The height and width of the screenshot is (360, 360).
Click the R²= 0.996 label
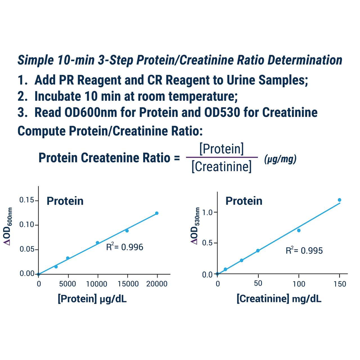pos(124,247)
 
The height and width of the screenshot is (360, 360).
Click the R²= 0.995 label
pos(304,250)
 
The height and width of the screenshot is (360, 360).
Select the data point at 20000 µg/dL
pos(156,213)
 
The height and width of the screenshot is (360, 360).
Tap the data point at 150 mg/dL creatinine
pos(339,200)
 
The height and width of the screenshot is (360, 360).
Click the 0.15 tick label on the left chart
pos(27,200)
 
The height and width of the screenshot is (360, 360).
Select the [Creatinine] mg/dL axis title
pos(279,299)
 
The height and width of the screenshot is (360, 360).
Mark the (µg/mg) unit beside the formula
pos(280,159)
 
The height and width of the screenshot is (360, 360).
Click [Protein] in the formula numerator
pos(221,149)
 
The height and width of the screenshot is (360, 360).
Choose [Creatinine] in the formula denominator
pos(221,166)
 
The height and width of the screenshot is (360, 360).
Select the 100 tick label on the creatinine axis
pos(298,284)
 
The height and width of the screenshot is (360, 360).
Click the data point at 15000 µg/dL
pos(127,231)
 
